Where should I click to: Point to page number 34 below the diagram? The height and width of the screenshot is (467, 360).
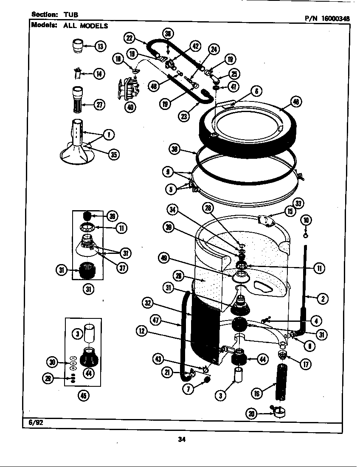(x=183, y=439)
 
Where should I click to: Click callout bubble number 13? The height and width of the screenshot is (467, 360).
(x=100, y=46)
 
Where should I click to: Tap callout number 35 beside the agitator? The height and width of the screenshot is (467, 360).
(x=113, y=155)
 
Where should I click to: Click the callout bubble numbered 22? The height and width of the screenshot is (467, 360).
(x=129, y=38)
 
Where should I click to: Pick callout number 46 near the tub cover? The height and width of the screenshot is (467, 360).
(x=296, y=101)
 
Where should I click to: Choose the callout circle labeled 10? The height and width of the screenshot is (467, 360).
(x=307, y=219)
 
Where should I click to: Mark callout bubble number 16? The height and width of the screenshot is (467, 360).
(x=257, y=394)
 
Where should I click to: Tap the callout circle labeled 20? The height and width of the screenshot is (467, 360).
(x=253, y=414)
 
